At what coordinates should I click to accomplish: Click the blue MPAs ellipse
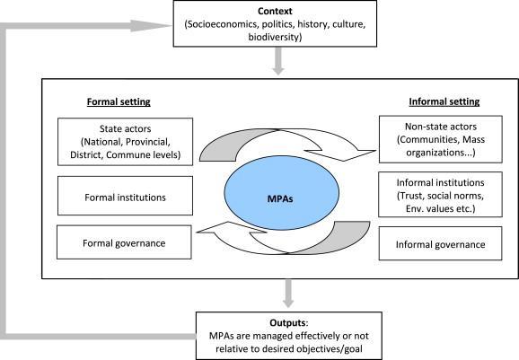(259, 196)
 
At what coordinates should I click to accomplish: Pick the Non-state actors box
(435, 142)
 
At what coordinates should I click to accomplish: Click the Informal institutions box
(435, 193)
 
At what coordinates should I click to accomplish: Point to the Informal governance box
(435, 243)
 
